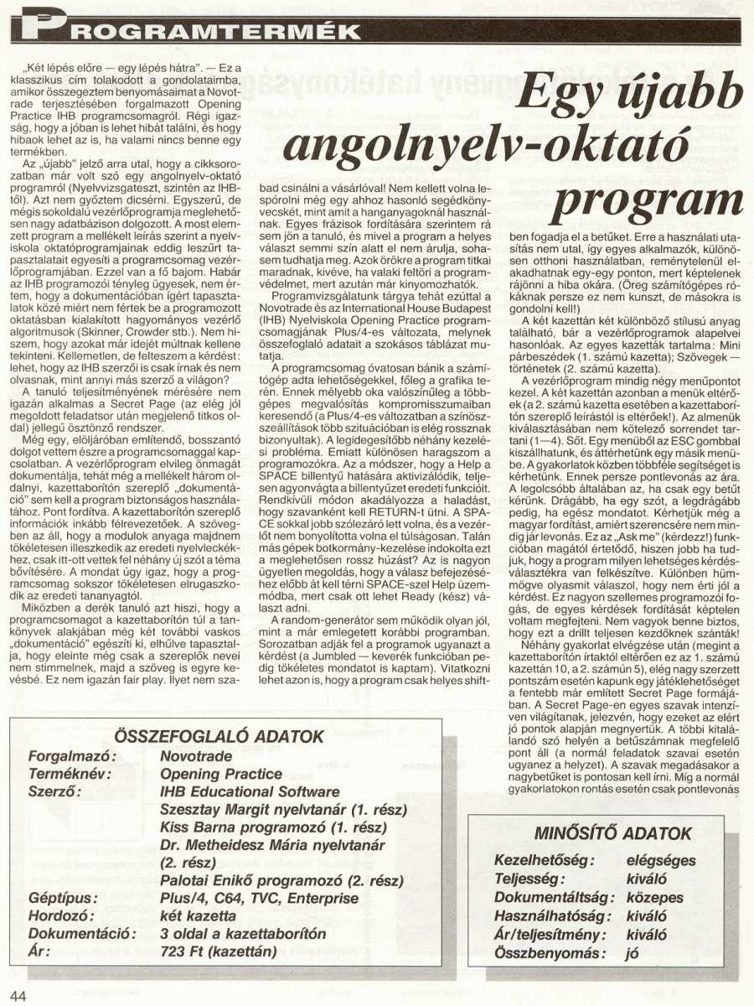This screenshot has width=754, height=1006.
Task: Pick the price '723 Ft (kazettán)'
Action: [x=219, y=952]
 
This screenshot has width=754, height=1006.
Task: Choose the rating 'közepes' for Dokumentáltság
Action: [x=654, y=898]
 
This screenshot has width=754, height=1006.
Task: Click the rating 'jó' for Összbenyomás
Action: [x=633, y=952]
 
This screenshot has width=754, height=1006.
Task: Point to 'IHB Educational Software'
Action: [x=250, y=791]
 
